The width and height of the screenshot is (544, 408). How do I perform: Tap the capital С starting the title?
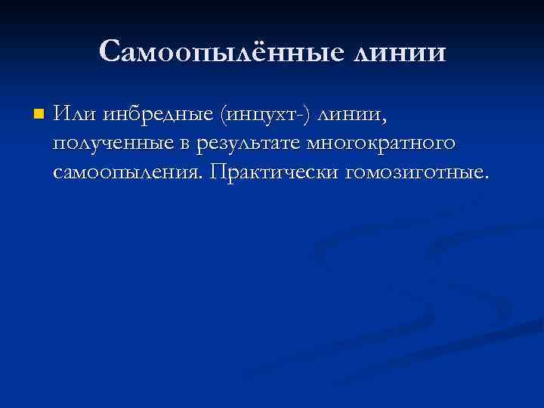(109, 51)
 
